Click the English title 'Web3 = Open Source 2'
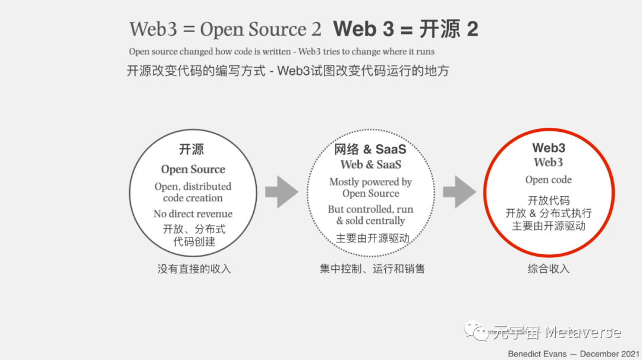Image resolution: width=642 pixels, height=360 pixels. coord(225,29)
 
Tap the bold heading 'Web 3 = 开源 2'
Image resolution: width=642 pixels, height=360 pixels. coord(406,29)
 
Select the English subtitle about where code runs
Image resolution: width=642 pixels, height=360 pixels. coord(282,52)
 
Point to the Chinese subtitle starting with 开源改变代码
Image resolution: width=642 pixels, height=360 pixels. coord(288,71)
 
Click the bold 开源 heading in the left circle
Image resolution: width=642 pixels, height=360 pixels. coord(192,150)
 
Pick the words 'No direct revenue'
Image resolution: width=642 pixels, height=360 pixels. coord(193,214)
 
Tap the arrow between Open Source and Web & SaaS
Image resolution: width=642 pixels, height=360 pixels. coord(281,192)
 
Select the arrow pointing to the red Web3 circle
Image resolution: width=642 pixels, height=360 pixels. coord(460,192)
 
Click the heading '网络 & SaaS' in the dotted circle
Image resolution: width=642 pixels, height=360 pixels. coord(371,150)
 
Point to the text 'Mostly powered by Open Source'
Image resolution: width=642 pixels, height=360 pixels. coord(371,188)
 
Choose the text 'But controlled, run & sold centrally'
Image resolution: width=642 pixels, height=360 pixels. coord(371,215)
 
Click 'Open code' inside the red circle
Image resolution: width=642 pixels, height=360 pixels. coord(549,180)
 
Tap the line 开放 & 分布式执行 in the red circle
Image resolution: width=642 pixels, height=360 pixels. coord(549,213)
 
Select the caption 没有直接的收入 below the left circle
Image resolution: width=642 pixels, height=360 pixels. coord(194,269)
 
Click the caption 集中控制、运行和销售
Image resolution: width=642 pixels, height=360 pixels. coord(372,269)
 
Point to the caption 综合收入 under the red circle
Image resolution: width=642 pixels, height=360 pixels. coord(549,269)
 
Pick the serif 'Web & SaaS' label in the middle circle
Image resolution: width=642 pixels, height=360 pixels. coord(371,165)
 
